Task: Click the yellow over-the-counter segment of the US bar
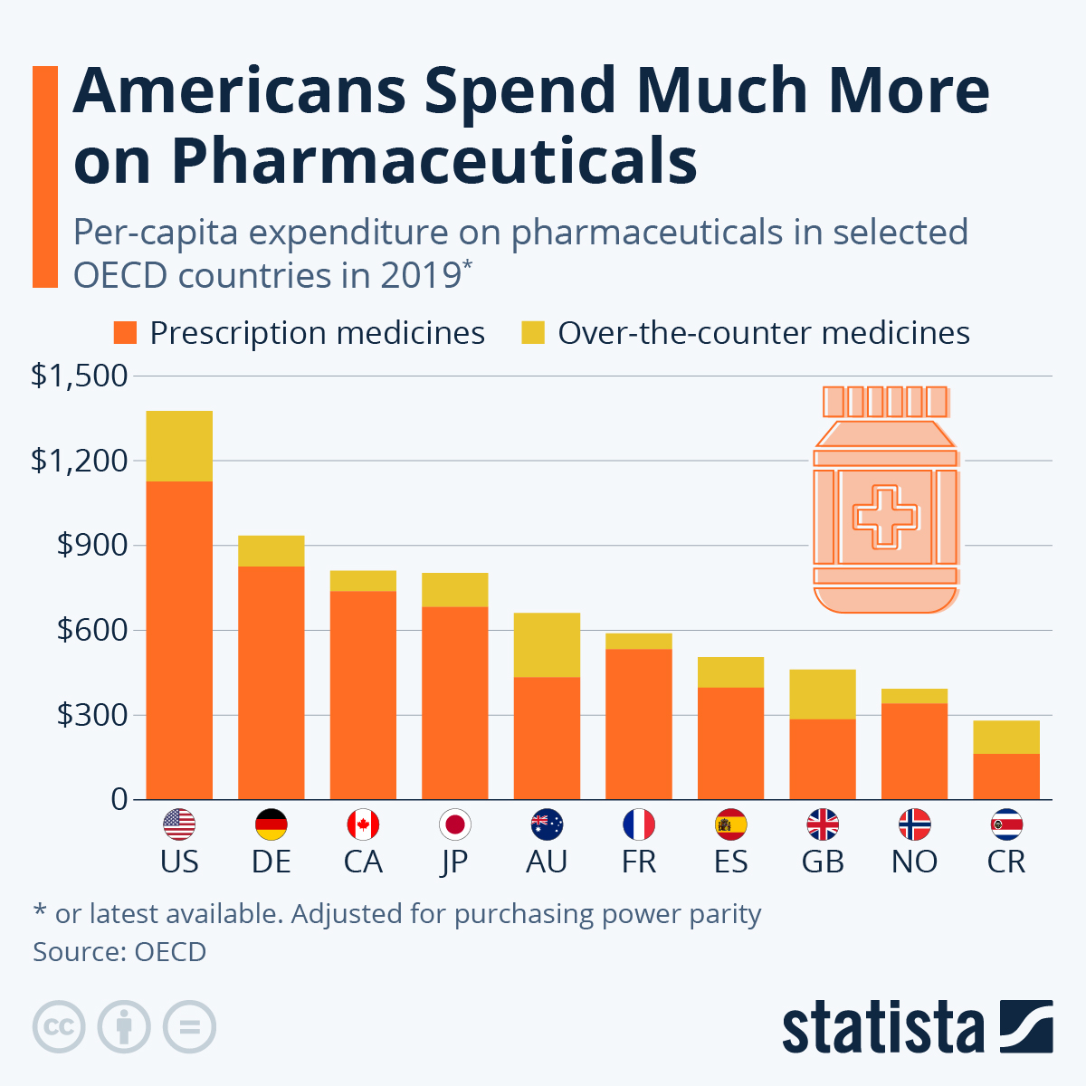click(x=179, y=446)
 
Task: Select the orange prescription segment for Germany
click(x=271, y=682)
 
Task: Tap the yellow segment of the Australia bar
click(x=547, y=644)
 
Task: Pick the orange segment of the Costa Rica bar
click(x=1006, y=776)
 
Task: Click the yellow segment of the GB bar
click(x=823, y=694)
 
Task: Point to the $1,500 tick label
click(x=80, y=376)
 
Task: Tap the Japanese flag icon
click(x=454, y=824)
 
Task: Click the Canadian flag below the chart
click(x=363, y=824)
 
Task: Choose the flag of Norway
click(x=914, y=824)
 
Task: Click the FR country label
click(x=639, y=862)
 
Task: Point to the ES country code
click(x=730, y=862)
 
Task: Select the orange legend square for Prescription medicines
click(x=125, y=333)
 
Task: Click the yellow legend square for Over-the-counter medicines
click(x=533, y=333)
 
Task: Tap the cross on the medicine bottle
click(x=885, y=517)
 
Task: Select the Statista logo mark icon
click(x=1026, y=1026)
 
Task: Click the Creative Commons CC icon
click(x=59, y=1027)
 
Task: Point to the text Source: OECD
click(x=119, y=952)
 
